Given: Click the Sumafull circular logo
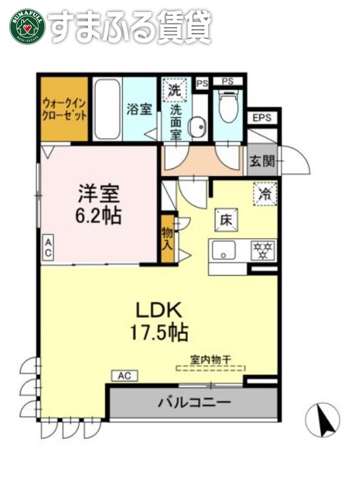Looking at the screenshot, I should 26,26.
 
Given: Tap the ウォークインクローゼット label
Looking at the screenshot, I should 65,107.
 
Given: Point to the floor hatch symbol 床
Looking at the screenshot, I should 225,220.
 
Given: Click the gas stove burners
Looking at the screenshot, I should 264,251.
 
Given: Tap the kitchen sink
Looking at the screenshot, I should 225,251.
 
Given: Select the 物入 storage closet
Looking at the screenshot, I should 167,237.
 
